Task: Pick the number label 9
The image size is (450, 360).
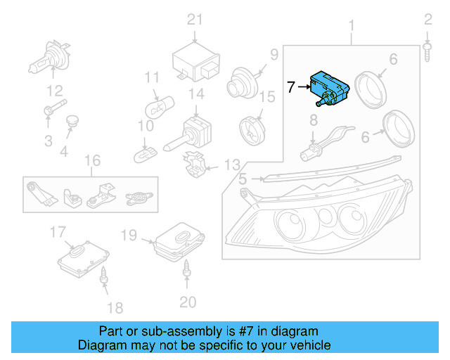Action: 274,53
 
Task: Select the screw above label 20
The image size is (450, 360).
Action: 188,268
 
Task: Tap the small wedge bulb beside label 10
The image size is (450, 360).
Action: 149,150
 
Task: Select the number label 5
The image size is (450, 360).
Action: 243,179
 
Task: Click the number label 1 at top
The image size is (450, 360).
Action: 352,27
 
